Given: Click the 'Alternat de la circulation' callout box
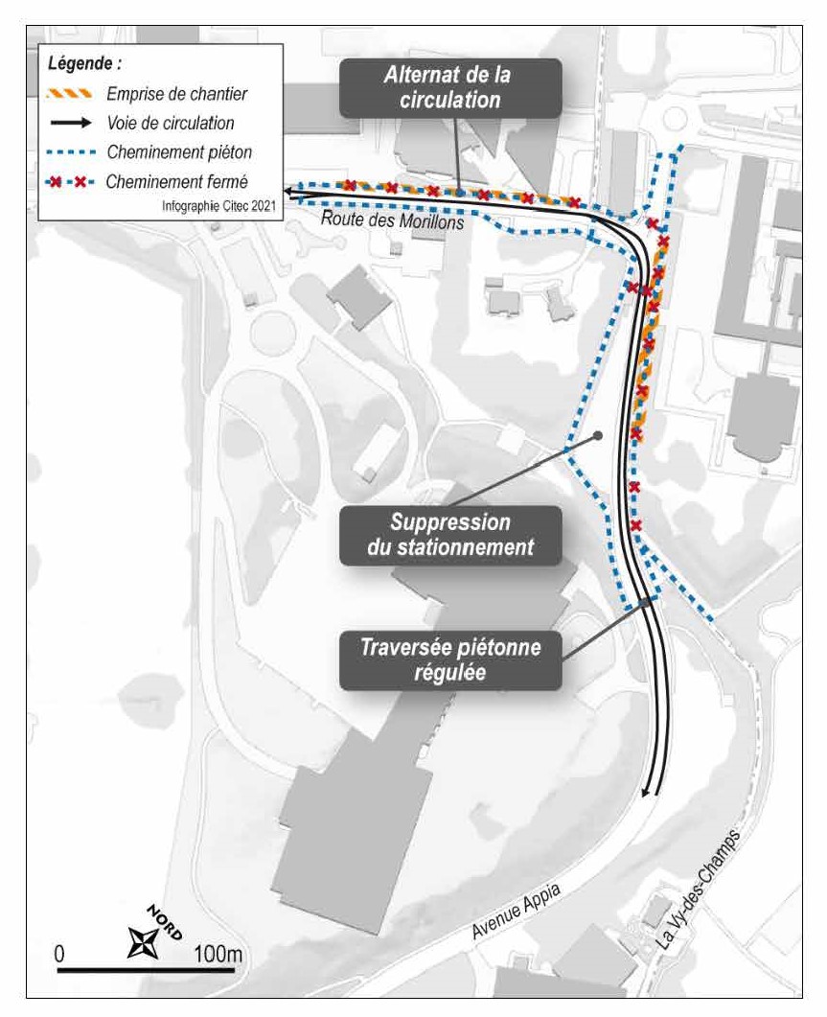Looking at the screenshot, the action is [x=450, y=88].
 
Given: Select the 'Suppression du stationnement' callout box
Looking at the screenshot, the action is [x=450, y=535].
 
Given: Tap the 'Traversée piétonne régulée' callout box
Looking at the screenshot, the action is [x=450, y=659].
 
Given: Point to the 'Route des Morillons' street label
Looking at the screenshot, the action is [x=393, y=220].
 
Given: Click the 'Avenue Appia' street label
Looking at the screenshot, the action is [x=516, y=911].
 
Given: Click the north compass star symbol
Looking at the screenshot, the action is [x=143, y=942].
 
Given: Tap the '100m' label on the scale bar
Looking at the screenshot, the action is [x=218, y=954].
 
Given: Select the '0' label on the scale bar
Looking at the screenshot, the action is [x=59, y=954].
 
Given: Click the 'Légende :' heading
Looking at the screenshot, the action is [x=84, y=63].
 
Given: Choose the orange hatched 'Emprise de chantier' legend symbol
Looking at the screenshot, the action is [x=69, y=94].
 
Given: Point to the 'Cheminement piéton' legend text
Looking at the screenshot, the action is [x=179, y=152].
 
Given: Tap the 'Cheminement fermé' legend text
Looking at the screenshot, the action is [x=177, y=181].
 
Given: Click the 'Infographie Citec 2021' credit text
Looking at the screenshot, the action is [x=218, y=206].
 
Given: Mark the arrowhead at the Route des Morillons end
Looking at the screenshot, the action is [x=289, y=192].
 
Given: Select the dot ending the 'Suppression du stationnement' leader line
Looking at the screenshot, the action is [x=598, y=436].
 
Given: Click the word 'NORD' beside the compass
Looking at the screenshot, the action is [x=164, y=922].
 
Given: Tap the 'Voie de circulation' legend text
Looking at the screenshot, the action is [x=171, y=124].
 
